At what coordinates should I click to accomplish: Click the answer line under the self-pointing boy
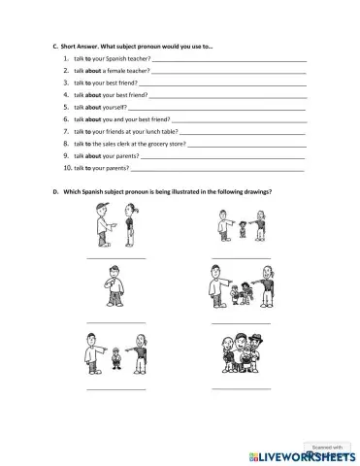pyautogui.click(x=115, y=321)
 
